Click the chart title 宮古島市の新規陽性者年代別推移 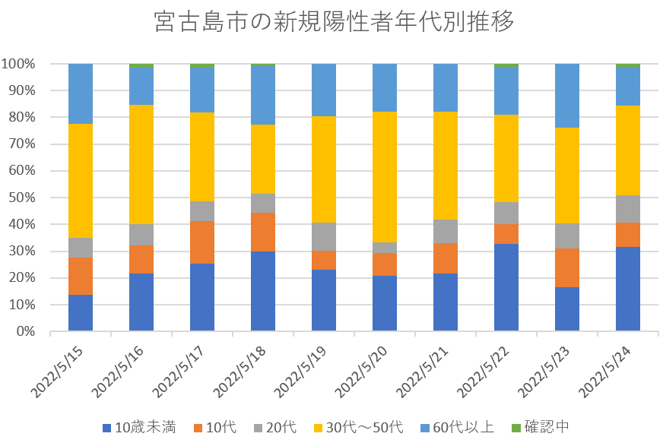click(333, 22)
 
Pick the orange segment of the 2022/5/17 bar click(202, 242)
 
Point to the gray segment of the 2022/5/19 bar click(324, 237)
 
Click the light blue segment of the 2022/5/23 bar click(567, 96)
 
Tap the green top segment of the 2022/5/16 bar click(141, 66)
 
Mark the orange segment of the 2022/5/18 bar click(263, 232)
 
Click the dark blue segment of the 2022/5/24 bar click(628, 289)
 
